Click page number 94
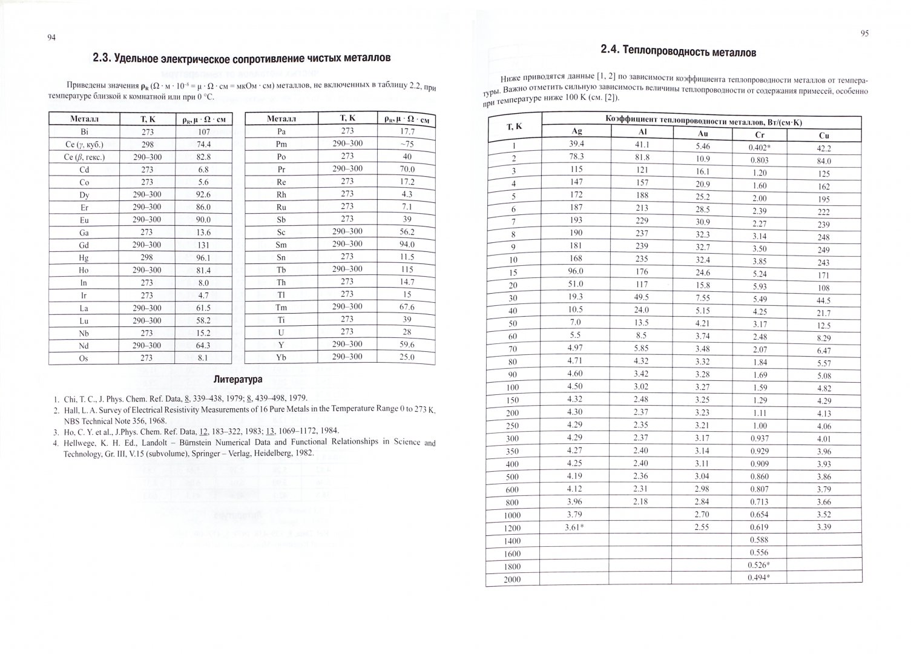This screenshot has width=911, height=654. pyautogui.click(x=51, y=38)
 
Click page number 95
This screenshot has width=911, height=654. pyautogui.click(x=864, y=34)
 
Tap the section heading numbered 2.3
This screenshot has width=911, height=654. pyautogui.click(x=241, y=58)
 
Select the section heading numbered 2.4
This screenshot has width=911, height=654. pyautogui.click(x=678, y=51)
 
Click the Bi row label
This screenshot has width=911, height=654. pyautogui.click(x=84, y=131)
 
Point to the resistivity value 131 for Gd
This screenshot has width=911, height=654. pyautogui.click(x=203, y=245)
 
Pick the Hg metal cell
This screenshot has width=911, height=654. pyautogui.click(x=84, y=258)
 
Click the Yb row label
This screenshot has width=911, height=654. pyautogui.click(x=281, y=357)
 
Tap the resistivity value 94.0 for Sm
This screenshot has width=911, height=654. pyautogui.click(x=407, y=244)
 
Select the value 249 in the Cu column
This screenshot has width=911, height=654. pyautogui.click(x=823, y=250)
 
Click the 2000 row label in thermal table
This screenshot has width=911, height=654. pyautogui.click(x=513, y=580)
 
